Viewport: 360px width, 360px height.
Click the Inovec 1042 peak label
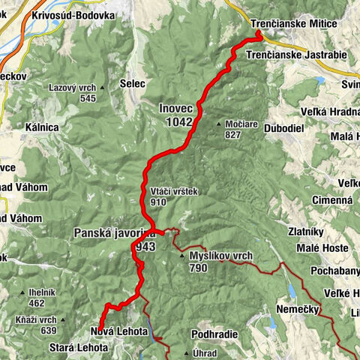176,115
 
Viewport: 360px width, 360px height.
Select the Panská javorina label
114,239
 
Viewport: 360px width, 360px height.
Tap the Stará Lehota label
79,348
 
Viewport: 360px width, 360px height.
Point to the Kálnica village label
41,127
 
